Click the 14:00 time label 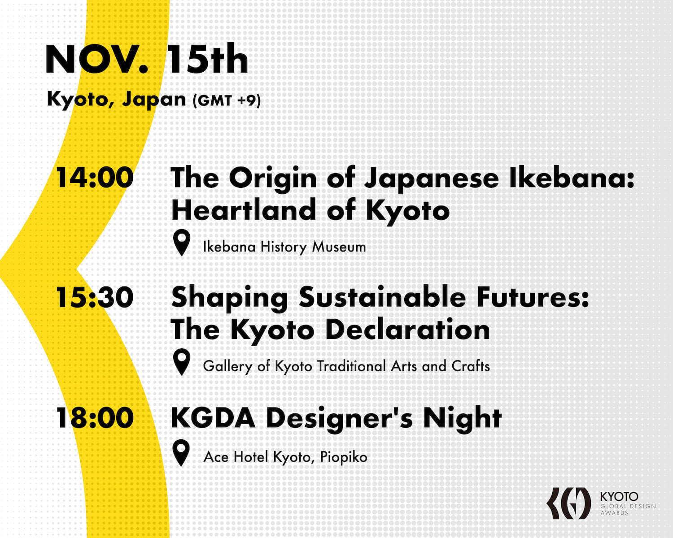click(95, 178)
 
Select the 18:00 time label click(95, 418)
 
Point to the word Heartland click(244, 210)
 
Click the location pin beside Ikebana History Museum click(182, 243)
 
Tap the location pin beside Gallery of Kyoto click(182, 362)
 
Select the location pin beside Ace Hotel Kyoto click(181, 453)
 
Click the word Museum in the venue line click(339, 247)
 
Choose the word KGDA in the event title click(213, 418)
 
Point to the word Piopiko click(344, 458)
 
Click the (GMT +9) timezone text click(227, 101)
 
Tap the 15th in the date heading click(208, 59)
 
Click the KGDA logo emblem click(568, 503)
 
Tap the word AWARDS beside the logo click(614, 513)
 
